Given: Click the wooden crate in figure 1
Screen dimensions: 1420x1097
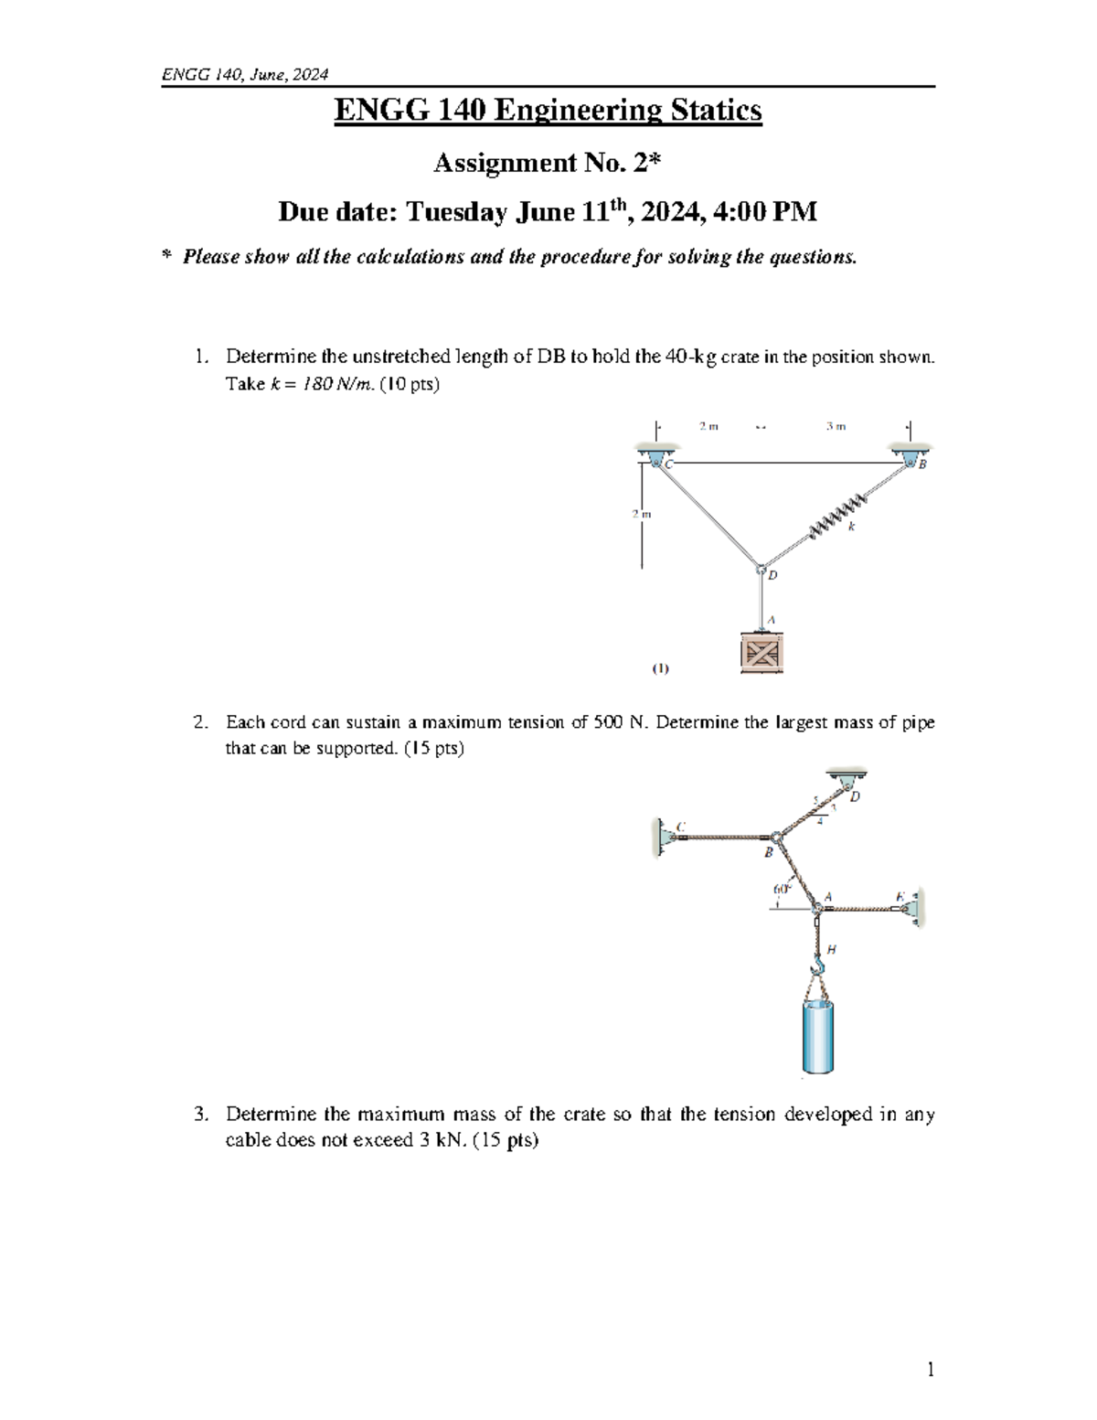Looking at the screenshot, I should (x=762, y=653).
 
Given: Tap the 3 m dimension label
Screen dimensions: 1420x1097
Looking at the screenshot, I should (x=836, y=426).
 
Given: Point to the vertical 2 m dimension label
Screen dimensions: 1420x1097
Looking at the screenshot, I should (x=642, y=514).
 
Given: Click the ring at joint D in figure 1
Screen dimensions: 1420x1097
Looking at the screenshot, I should (x=761, y=570).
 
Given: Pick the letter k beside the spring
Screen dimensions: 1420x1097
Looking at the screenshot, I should (x=851, y=528).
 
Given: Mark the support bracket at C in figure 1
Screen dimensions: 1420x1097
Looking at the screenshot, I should (x=655, y=457).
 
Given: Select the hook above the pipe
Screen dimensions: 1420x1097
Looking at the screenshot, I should (x=819, y=964).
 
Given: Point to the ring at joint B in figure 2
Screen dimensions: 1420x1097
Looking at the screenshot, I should (x=774, y=837).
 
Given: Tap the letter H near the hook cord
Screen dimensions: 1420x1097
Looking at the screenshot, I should (x=831, y=949).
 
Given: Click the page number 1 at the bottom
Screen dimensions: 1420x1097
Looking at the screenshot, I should (x=930, y=1369).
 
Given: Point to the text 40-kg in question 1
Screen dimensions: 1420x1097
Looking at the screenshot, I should (x=692, y=357).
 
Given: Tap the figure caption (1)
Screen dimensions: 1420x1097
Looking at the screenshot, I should (x=660, y=668).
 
